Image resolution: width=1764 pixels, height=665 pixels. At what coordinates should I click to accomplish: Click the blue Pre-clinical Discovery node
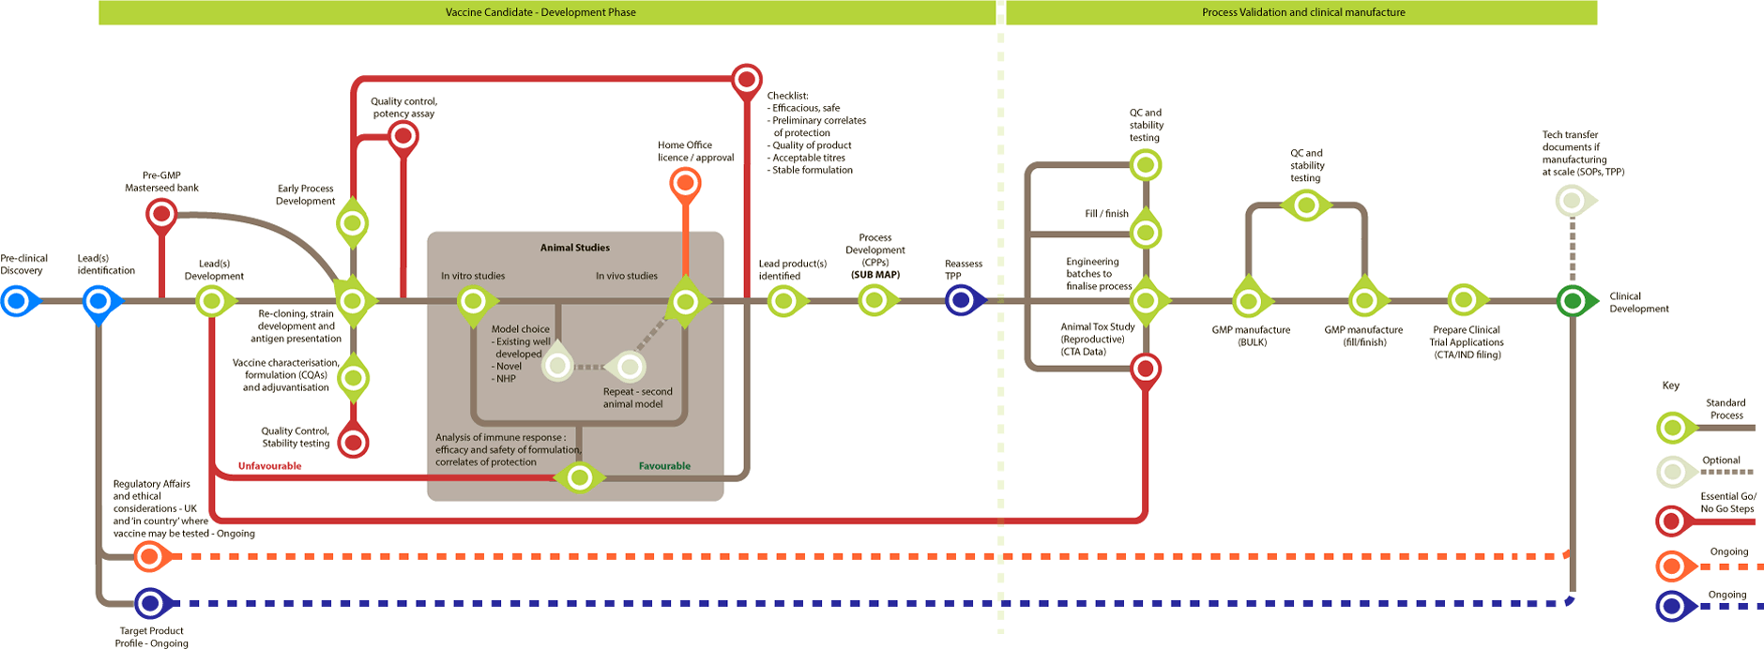16,302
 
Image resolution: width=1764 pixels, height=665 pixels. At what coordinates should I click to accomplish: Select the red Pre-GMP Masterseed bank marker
161,215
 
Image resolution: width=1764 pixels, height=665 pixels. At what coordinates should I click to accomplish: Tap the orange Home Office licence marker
685,182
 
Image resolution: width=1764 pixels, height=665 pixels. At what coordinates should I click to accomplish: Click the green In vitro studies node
473,301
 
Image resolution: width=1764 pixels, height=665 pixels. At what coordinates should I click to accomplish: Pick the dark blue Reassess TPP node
960,301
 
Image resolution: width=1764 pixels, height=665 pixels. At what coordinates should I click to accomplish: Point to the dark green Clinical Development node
1572,301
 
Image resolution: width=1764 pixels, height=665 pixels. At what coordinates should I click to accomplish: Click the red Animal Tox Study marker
1145,368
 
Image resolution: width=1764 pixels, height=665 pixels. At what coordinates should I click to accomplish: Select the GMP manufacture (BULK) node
1248,301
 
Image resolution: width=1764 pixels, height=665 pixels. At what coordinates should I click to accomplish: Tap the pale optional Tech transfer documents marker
1570,201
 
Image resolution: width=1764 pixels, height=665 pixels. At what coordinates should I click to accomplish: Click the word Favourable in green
664,466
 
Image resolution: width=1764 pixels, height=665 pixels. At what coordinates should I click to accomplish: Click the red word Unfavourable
269,466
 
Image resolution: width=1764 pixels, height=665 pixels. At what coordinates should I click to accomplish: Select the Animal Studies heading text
574,248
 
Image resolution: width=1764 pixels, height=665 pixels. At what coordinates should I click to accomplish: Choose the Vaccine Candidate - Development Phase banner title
540,12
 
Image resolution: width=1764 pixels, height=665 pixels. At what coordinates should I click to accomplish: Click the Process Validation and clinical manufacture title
1303,12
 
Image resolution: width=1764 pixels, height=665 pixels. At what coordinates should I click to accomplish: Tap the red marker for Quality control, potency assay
403,137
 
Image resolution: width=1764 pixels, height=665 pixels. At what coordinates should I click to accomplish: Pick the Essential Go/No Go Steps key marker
1672,520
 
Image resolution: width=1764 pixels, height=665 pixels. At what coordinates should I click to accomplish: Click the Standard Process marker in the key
1672,428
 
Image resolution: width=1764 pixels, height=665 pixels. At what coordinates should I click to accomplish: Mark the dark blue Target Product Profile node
150,603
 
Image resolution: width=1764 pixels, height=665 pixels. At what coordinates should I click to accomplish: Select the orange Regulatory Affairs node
148,557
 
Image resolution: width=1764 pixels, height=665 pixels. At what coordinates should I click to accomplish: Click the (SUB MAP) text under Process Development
874,275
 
